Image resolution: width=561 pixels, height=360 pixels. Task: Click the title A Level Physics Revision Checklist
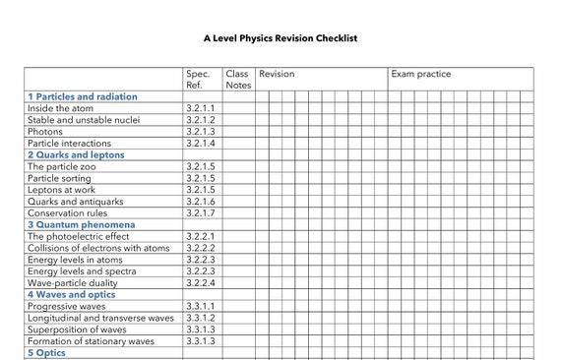pos(280,38)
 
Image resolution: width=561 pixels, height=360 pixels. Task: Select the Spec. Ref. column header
pos(198,79)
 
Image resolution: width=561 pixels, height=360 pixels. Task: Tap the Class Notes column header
pos(237,79)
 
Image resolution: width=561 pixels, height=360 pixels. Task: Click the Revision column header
pos(277,74)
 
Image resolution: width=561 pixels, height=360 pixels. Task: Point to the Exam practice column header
pos(420,74)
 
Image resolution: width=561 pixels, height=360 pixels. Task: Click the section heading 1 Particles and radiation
pos(82,96)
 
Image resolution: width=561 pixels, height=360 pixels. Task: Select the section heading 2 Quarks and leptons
pos(76,154)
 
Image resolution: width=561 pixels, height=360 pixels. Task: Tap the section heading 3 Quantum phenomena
pos(81,224)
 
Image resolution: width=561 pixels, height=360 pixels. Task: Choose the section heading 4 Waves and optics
pos(71,294)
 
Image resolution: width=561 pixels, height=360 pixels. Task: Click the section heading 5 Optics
pos(45,352)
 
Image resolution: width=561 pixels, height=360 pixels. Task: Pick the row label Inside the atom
pos(63,108)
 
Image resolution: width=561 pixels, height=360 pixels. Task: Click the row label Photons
pos(45,131)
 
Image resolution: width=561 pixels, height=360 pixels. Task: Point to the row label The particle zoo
pos(61,166)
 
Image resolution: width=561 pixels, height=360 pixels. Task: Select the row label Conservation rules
pos(67,212)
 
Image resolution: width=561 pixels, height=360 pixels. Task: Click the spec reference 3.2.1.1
pos(200,108)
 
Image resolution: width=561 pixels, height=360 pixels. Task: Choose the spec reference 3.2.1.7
pos(200,212)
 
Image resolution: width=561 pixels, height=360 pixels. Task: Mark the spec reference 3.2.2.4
pos(200,282)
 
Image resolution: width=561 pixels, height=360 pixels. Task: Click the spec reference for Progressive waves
pos(200,306)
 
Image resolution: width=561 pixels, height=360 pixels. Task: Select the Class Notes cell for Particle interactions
pos(237,143)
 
